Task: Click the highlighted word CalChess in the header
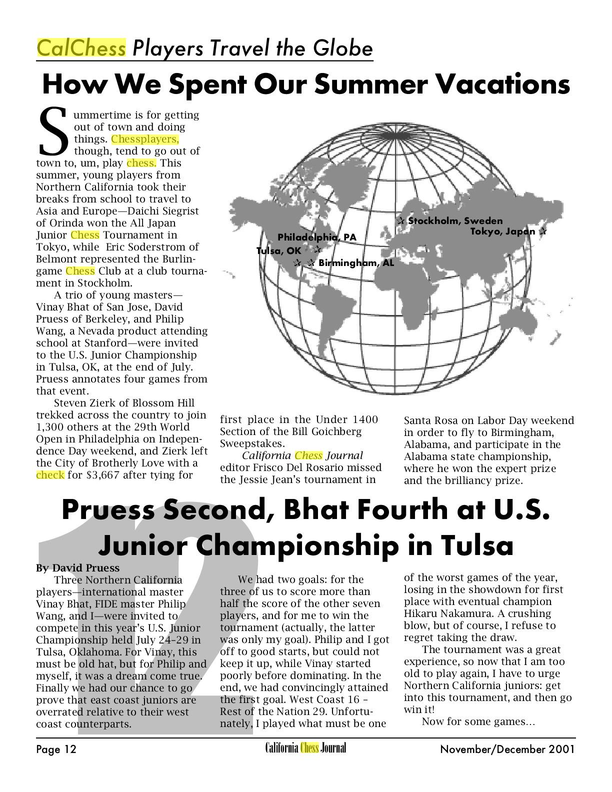(x=81, y=48)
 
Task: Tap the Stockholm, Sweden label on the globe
(x=455, y=220)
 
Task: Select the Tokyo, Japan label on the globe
(x=502, y=231)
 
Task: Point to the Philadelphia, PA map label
(x=317, y=237)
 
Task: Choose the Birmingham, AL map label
(x=356, y=262)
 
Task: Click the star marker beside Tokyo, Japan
(x=542, y=231)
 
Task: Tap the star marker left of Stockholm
(x=401, y=220)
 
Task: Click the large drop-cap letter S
(x=53, y=131)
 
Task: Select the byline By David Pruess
(x=78, y=568)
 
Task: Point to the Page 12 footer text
(x=56, y=749)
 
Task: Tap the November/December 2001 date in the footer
(x=507, y=749)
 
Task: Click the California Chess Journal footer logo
(x=305, y=748)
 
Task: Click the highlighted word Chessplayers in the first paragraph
(x=144, y=139)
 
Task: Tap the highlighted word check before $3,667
(x=50, y=475)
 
